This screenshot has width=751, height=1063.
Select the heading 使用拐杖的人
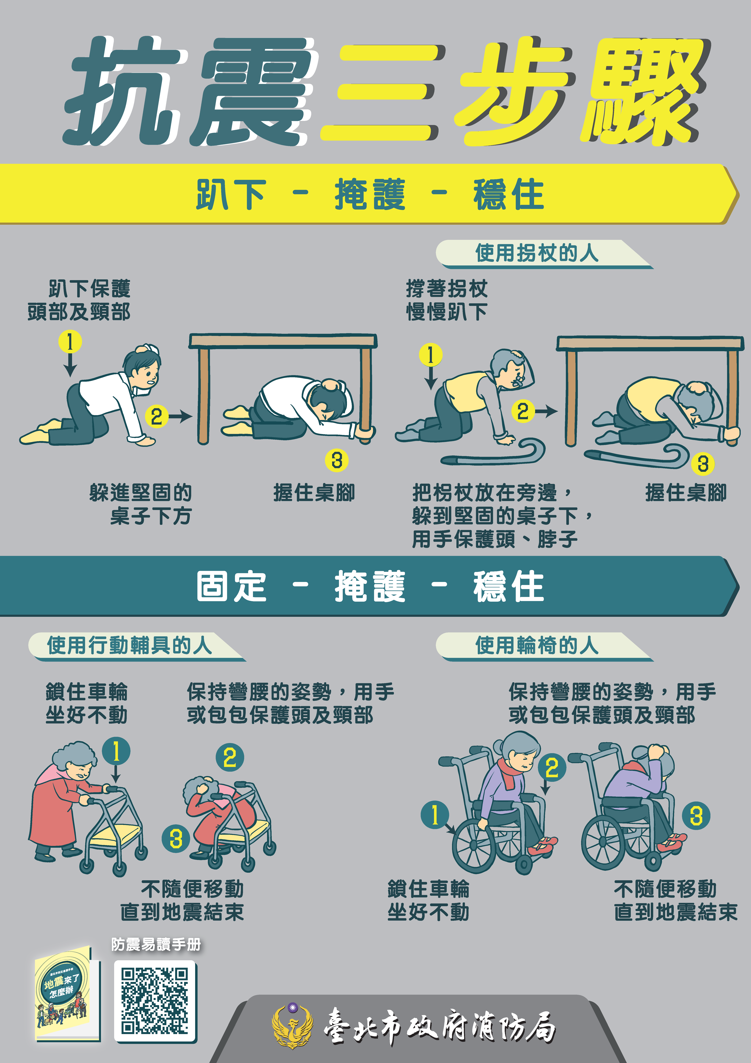537,253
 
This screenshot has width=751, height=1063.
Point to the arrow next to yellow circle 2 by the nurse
180,416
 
